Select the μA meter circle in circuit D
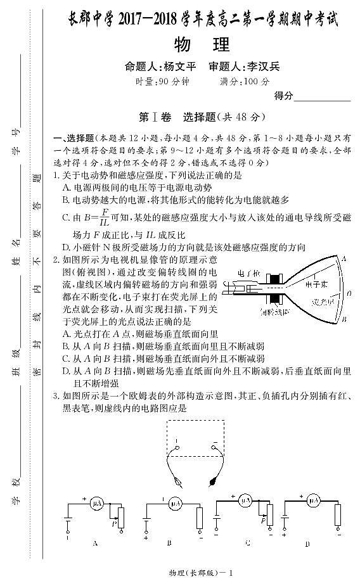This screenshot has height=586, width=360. tap(312, 501)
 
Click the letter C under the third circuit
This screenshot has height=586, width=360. tap(247, 543)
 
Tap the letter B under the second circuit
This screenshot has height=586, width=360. tap(170, 543)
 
